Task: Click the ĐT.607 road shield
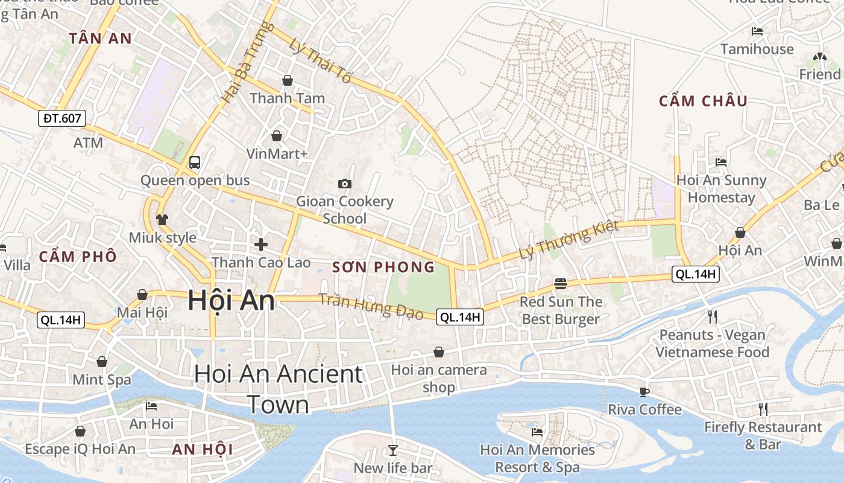pos(62,118)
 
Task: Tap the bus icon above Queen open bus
pos(195,162)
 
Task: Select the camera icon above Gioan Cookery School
pos(345,184)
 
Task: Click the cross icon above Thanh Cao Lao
pos(260,245)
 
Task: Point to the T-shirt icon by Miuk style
pos(162,219)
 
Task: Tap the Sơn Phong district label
pos(383,267)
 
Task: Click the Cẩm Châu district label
pos(703,101)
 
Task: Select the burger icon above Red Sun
pos(561,284)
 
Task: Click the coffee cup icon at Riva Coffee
pos(644,392)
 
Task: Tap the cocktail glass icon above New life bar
pos(393,450)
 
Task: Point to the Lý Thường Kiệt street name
pos(569,241)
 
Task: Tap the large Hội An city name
pos(231,300)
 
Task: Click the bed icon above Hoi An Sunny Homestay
pos(720,162)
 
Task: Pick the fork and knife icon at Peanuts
pos(713,316)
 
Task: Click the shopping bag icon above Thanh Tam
pos(288,80)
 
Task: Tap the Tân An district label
pos(100,39)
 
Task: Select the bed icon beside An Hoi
pos(151,406)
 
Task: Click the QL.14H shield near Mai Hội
pos(61,320)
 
